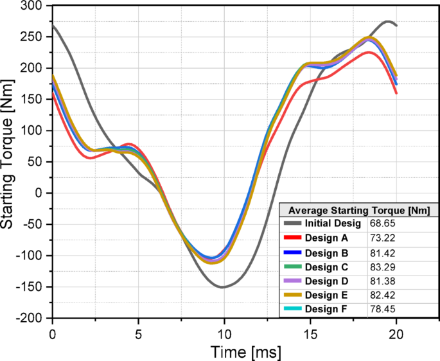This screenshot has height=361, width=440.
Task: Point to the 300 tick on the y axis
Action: click(x=32, y=6)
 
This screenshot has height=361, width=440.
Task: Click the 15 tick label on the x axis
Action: click(x=310, y=333)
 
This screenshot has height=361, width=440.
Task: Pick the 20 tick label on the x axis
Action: click(x=396, y=333)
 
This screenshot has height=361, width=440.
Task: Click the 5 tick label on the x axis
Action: click(x=138, y=333)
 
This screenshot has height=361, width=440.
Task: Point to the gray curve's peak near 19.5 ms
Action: click(x=388, y=21)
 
